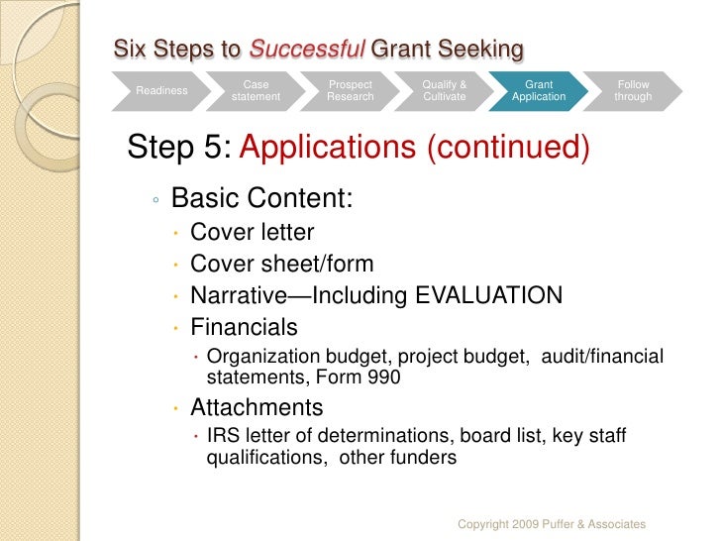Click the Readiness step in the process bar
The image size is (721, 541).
click(161, 91)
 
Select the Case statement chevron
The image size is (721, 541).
click(256, 91)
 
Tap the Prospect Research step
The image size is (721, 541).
click(351, 91)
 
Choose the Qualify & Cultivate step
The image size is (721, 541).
click(445, 91)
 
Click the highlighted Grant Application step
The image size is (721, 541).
click(539, 91)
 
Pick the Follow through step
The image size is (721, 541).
click(633, 91)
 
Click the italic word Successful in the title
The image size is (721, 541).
click(306, 48)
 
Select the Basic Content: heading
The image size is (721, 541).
click(261, 199)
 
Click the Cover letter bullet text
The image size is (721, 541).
click(252, 233)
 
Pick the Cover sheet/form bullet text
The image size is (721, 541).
click(281, 264)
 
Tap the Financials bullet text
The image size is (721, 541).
click(243, 326)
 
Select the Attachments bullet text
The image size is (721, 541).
click(256, 407)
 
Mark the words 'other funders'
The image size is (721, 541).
click(398, 458)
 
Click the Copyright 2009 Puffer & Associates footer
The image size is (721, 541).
click(553, 523)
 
